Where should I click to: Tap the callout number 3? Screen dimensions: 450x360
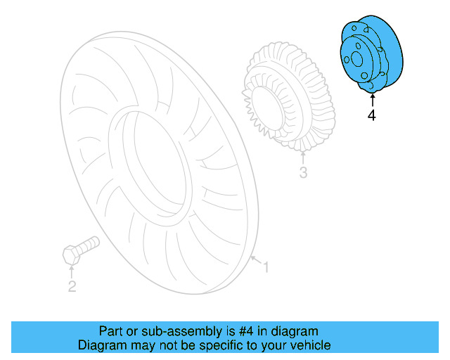click(x=303, y=172)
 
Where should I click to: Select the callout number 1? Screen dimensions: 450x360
click(x=266, y=267)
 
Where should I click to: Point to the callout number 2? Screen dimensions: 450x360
click(x=72, y=285)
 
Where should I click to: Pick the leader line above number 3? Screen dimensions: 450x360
click(x=302, y=158)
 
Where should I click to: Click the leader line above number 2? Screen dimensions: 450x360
click(x=71, y=273)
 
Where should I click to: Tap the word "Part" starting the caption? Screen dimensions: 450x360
click(x=110, y=331)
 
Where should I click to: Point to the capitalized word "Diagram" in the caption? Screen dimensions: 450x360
click(x=101, y=346)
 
